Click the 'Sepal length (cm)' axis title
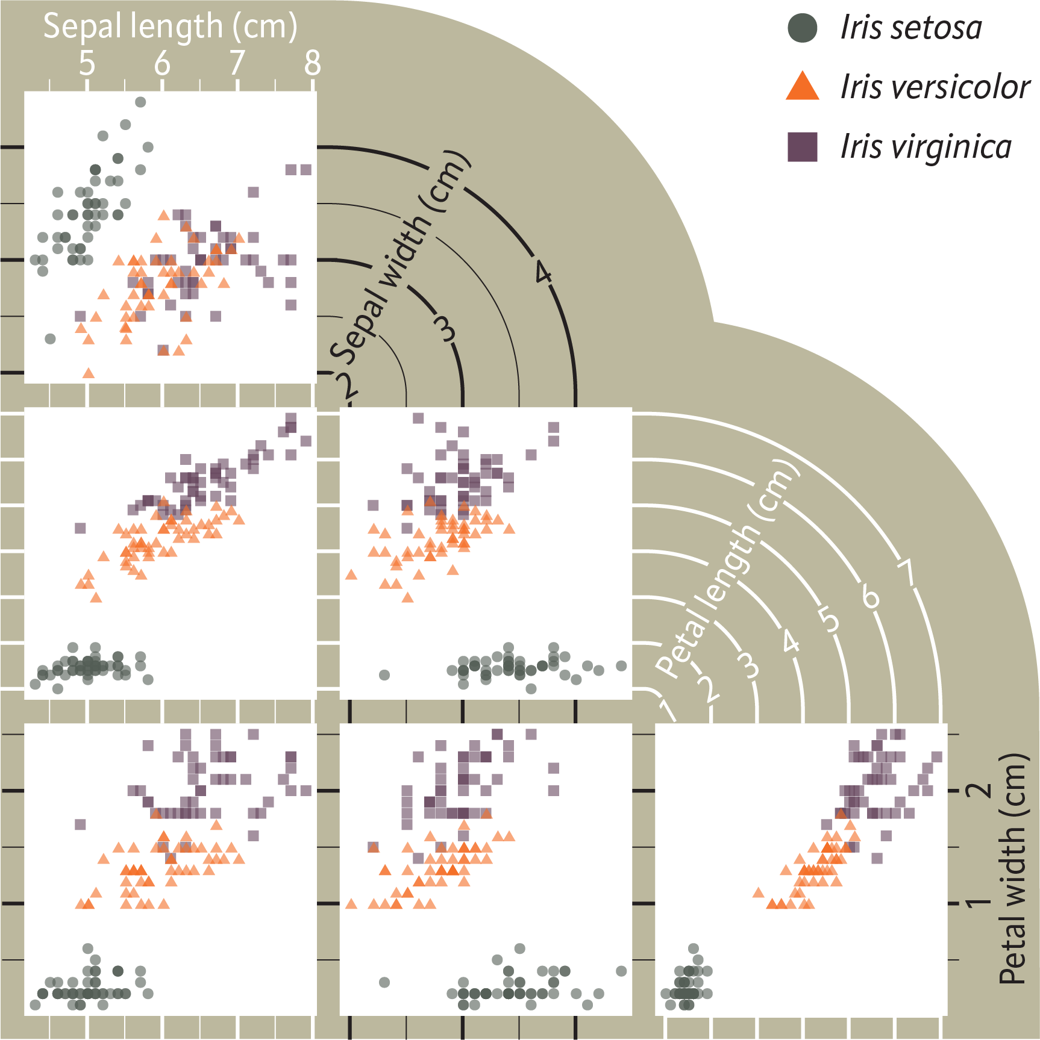(170, 26)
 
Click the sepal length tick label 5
(87, 63)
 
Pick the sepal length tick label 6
(162, 63)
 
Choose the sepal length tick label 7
(237, 63)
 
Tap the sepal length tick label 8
(312, 63)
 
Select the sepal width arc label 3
(445, 329)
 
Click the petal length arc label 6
(870, 597)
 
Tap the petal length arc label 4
(791, 641)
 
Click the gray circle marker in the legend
(803, 28)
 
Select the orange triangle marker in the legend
(803, 87)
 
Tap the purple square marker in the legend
(803, 147)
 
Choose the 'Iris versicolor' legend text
(935, 87)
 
